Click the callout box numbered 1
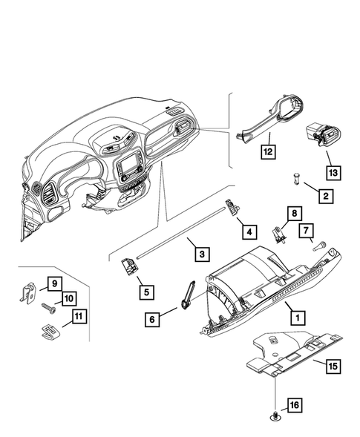point(297,317)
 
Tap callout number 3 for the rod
point(200,254)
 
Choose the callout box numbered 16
point(294,405)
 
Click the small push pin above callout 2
point(296,179)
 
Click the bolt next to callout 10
point(48,304)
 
